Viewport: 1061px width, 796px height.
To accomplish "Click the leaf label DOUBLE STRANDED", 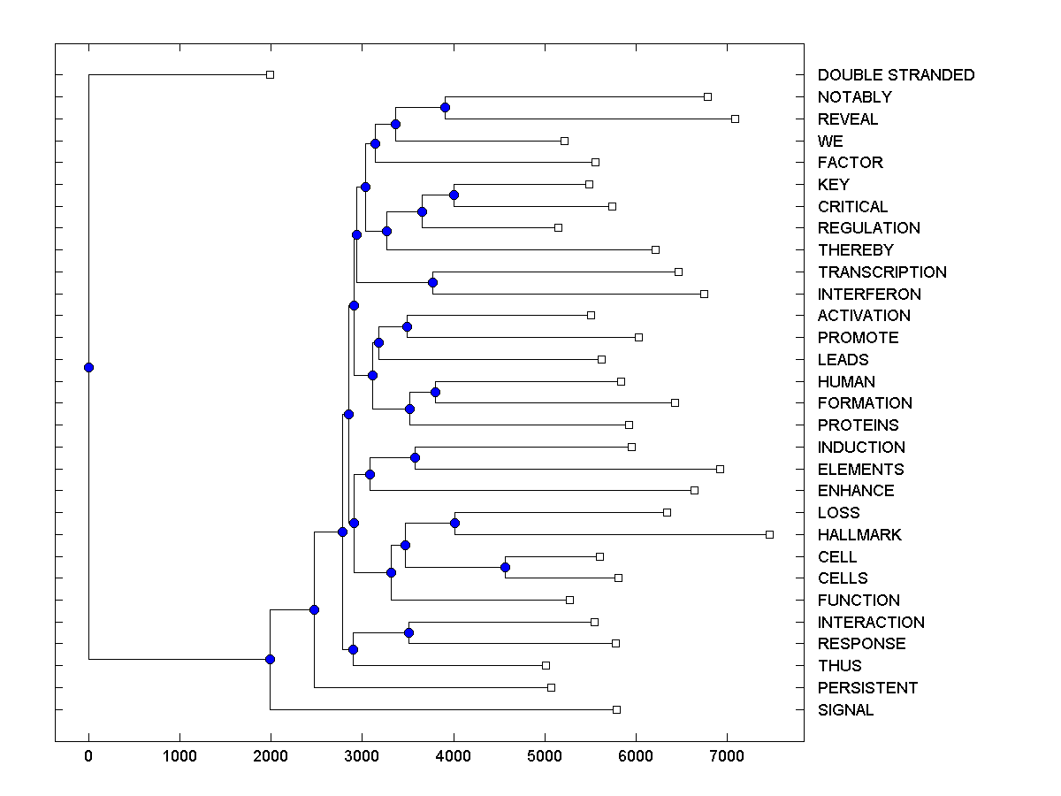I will tap(896, 75).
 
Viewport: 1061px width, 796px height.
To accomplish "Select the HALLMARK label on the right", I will tap(859, 535).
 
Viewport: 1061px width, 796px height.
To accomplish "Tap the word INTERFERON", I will tap(869, 295).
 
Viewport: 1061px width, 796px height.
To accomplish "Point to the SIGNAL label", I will tap(845, 710).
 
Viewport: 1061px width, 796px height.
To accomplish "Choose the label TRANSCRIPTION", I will tap(882, 272).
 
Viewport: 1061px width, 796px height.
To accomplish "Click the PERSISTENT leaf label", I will tap(867, 688).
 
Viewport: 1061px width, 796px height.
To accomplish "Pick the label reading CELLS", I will tap(843, 578).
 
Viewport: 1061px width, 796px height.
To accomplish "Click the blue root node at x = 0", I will tap(88, 367).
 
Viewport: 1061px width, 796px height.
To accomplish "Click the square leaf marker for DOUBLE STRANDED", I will tap(271, 75).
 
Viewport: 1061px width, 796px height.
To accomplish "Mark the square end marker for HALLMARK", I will tap(769, 534).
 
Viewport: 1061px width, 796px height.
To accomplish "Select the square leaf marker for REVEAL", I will tap(735, 119).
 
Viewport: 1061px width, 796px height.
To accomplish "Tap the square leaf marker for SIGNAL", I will tap(616, 709).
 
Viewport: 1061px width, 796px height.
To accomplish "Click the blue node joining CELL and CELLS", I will tap(505, 567).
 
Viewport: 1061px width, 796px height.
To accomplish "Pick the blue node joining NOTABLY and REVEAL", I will tap(446, 107).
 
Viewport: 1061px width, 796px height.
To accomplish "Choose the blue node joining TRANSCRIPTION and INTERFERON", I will tap(432, 283).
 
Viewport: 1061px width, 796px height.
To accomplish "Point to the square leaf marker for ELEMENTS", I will tap(720, 469).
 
